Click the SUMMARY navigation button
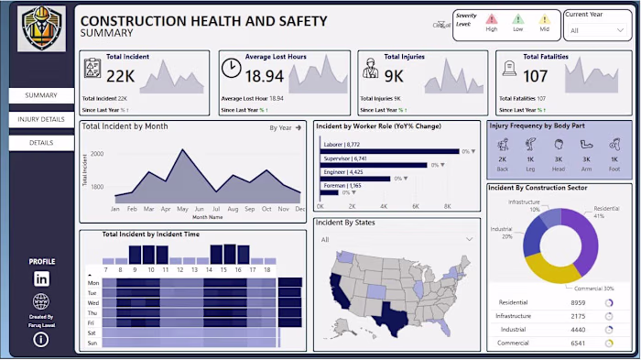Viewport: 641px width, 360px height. [41, 95]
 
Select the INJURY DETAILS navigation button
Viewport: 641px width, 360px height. [41, 119]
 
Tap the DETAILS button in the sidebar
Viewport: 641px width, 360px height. [41, 143]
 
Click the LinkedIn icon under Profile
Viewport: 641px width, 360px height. [41, 278]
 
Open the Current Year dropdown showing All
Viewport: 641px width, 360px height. [595, 30]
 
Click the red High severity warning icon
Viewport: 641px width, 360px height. [492, 19]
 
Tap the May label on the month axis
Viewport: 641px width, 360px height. [183, 209]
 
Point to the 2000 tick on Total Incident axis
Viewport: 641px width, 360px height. [97, 154]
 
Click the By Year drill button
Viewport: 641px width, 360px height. [285, 128]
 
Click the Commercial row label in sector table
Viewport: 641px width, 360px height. [513, 343]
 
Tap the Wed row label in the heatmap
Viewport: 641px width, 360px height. [92, 302]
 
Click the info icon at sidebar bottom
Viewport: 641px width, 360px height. [41, 340]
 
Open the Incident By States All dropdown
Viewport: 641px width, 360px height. [396, 240]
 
